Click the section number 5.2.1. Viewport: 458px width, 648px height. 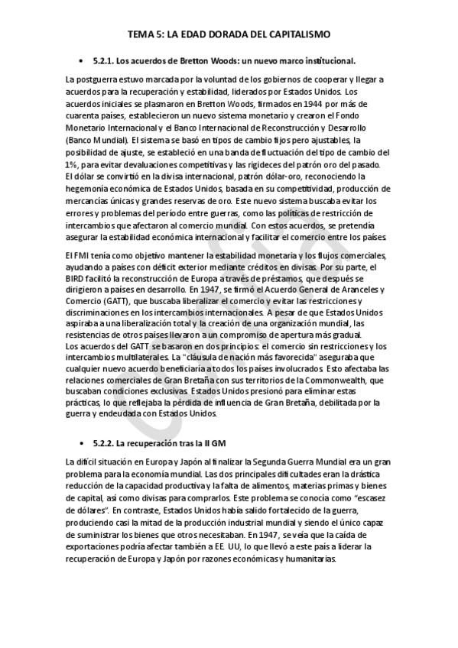(x=102, y=60)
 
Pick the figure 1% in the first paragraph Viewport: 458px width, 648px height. (x=73, y=165)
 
